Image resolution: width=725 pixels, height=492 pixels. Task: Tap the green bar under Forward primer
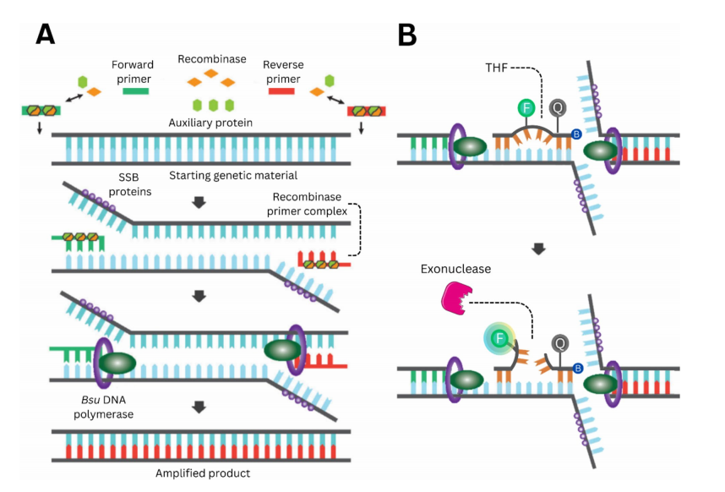(135, 90)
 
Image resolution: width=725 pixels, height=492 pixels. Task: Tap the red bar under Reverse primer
(281, 90)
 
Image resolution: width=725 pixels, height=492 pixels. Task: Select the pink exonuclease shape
(454, 298)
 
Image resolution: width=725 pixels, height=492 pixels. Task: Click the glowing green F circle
(500, 338)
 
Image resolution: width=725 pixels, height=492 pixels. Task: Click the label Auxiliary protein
(211, 122)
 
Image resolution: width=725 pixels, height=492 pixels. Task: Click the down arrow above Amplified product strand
(199, 408)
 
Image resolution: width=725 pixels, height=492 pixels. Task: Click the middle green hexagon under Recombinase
(211, 106)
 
